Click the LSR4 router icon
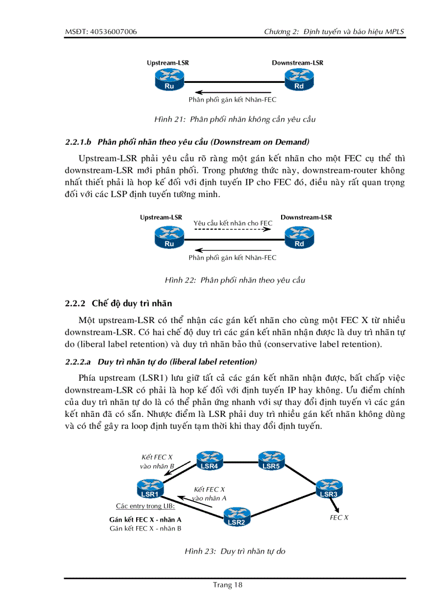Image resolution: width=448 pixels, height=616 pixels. [209, 460]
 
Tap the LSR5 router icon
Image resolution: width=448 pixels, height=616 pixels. [271, 460]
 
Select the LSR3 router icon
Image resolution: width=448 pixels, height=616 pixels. [328, 488]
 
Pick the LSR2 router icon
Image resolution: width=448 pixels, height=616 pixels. [236, 516]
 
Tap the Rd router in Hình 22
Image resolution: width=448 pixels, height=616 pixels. [299, 238]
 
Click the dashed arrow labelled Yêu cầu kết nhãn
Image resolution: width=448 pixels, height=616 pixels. [233, 230]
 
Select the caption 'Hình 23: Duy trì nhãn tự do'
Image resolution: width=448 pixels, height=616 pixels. [235, 551]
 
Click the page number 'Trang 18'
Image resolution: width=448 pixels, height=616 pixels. [227, 585]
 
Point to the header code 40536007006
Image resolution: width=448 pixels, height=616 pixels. [114, 32]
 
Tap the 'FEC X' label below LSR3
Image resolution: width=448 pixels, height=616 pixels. [339, 517]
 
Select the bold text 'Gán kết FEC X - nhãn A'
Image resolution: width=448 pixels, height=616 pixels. [145, 519]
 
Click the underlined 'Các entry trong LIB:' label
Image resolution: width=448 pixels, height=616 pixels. [145, 506]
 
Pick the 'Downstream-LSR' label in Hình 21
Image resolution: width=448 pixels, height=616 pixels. [298, 63]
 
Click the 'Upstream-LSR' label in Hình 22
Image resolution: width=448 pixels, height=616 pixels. [161, 217]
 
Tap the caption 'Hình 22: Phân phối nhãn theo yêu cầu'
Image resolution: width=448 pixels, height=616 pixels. [235, 280]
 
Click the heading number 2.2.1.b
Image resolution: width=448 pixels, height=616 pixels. [81, 142]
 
